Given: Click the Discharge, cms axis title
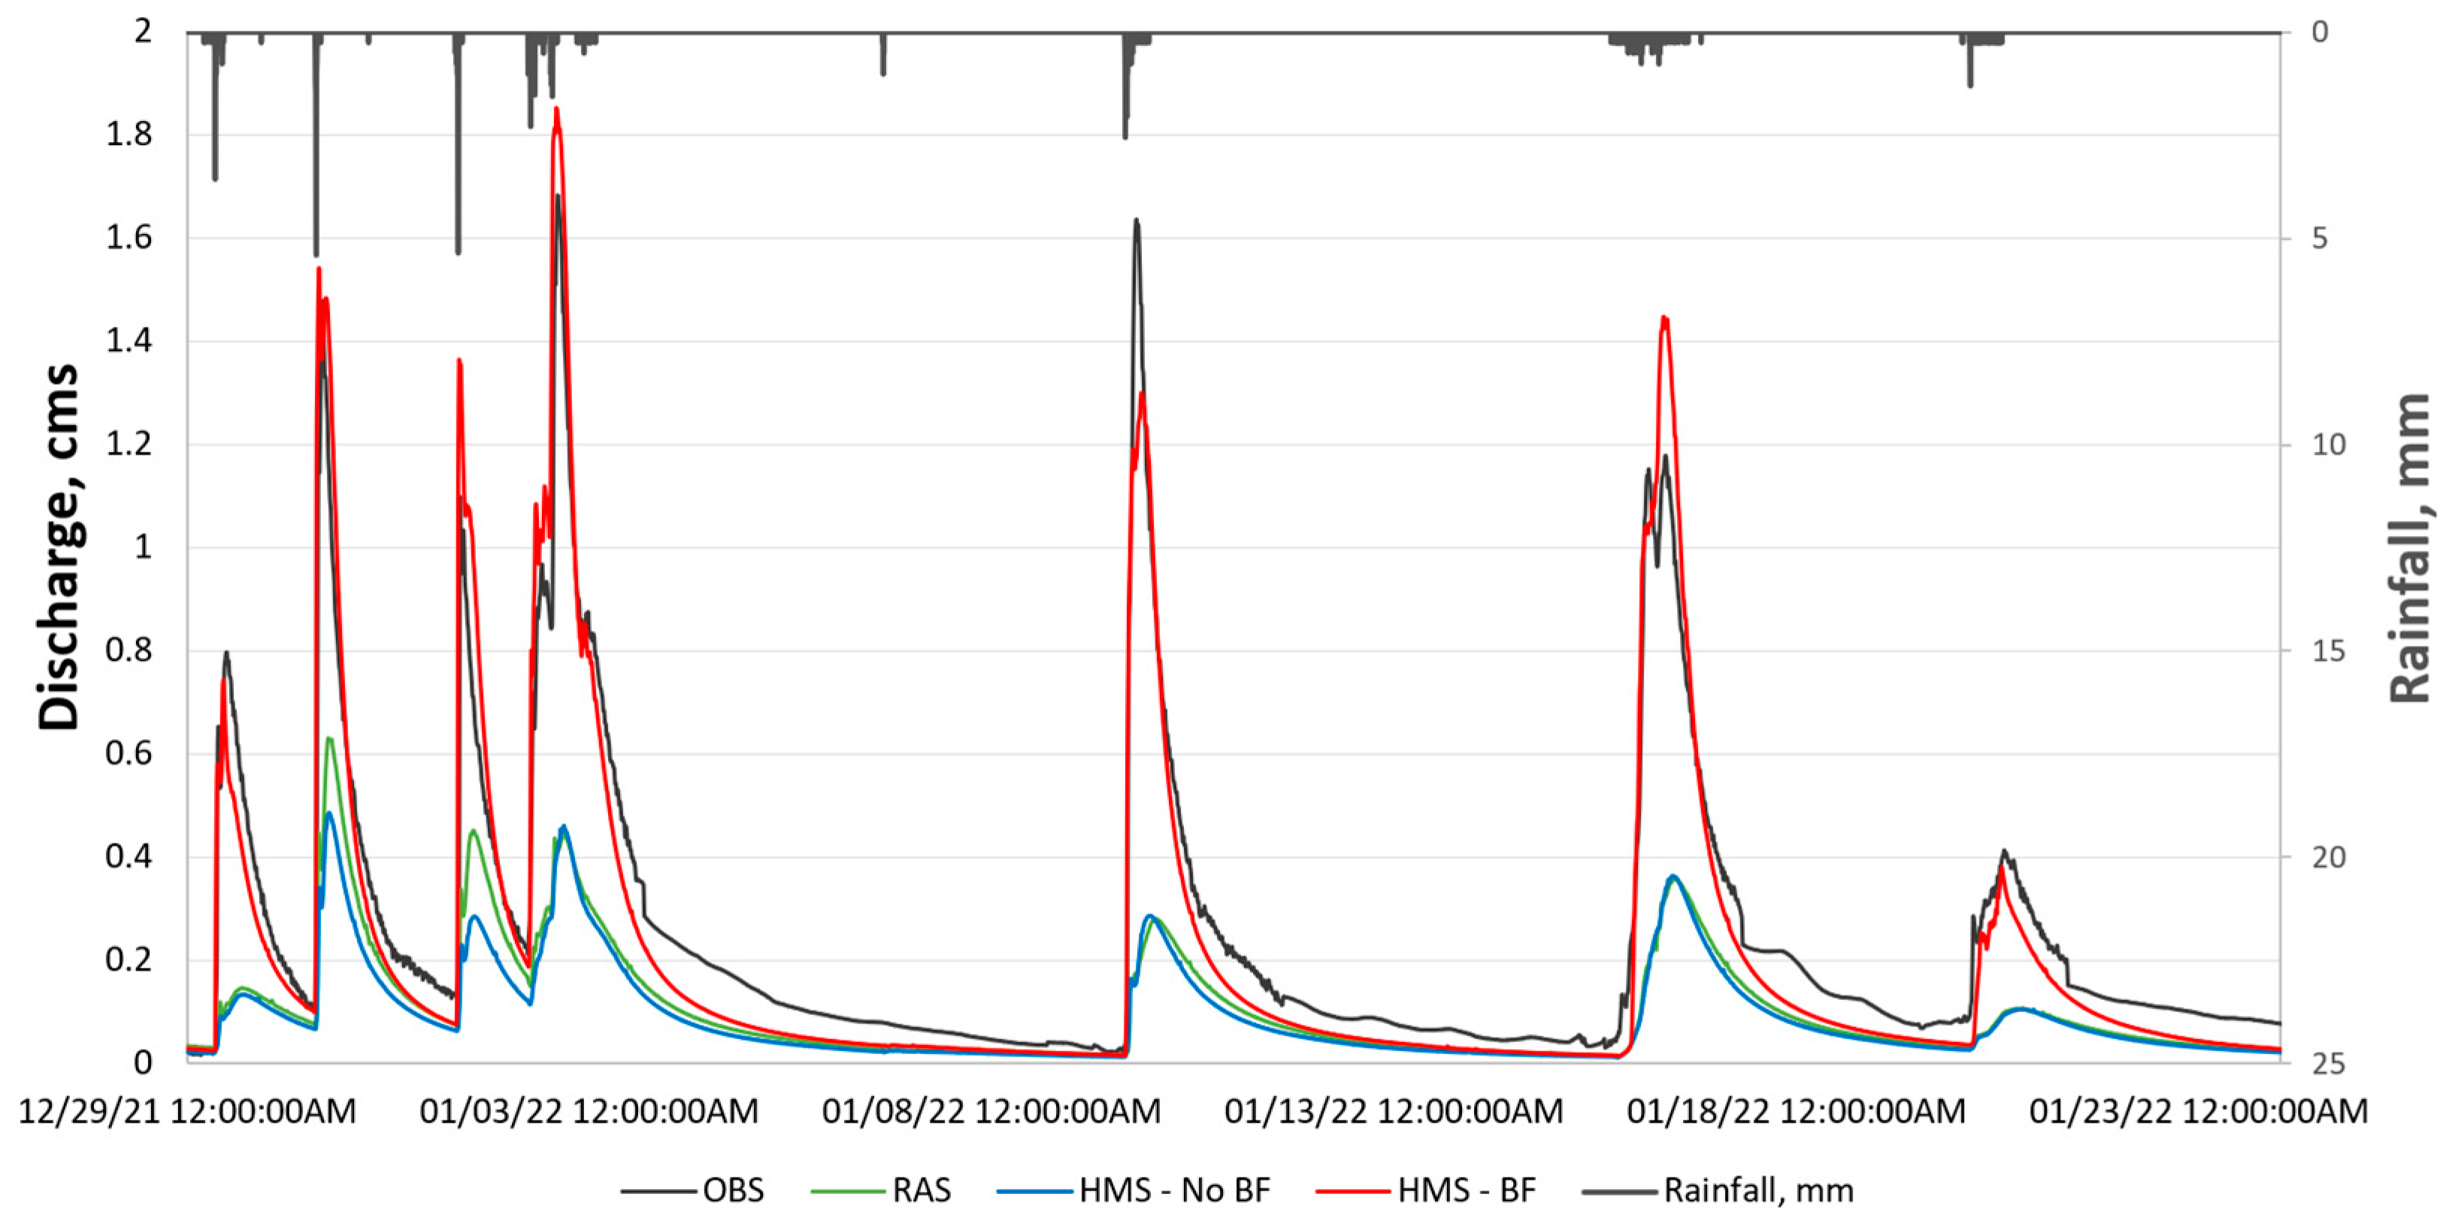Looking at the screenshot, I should click(x=59, y=547).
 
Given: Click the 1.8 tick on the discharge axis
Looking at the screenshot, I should click(x=129, y=135).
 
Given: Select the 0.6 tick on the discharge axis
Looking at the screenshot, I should click(x=129, y=754).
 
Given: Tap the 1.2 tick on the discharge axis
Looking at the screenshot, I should click(x=129, y=444).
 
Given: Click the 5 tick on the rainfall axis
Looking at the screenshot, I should click(x=2319, y=238).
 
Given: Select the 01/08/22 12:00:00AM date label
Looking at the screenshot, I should click(x=991, y=1111).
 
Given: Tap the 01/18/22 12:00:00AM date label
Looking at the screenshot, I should click(x=1796, y=1111).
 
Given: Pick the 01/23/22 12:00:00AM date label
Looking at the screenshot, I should click(x=2198, y=1111).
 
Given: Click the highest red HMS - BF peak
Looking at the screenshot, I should click(x=556, y=109).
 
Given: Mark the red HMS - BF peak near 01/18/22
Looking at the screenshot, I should click(x=1664, y=317).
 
